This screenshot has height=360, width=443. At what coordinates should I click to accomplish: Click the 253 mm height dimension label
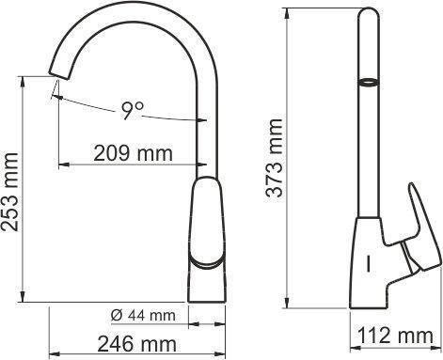point(10,192)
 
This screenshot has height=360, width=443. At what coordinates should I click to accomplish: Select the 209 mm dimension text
point(134,153)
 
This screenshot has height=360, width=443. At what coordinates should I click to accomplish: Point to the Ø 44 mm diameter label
point(143,315)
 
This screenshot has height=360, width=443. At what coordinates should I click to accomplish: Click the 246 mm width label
point(137,344)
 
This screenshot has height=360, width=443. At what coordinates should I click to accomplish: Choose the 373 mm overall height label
point(274,158)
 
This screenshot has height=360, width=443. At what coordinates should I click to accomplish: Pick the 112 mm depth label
point(395,336)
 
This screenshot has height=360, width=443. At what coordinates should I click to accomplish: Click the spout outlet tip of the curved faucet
point(58,76)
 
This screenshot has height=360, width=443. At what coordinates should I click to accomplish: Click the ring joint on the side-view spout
point(369,82)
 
